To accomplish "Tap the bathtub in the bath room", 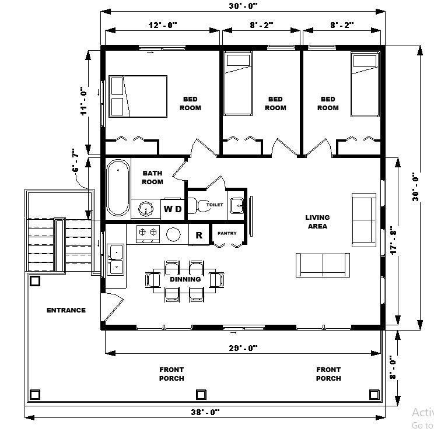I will (x=118, y=187).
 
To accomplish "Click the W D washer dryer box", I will (x=173, y=209).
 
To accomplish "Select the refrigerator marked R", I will (x=199, y=235).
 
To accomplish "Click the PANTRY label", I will (x=227, y=233).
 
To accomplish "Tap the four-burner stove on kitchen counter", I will (x=148, y=234).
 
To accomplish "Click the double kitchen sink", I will (x=116, y=259).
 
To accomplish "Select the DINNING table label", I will (x=185, y=279).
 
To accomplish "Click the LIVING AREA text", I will (x=317, y=222).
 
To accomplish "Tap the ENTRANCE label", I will (x=66, y=310).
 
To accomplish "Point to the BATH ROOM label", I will (x=152, y=177).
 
